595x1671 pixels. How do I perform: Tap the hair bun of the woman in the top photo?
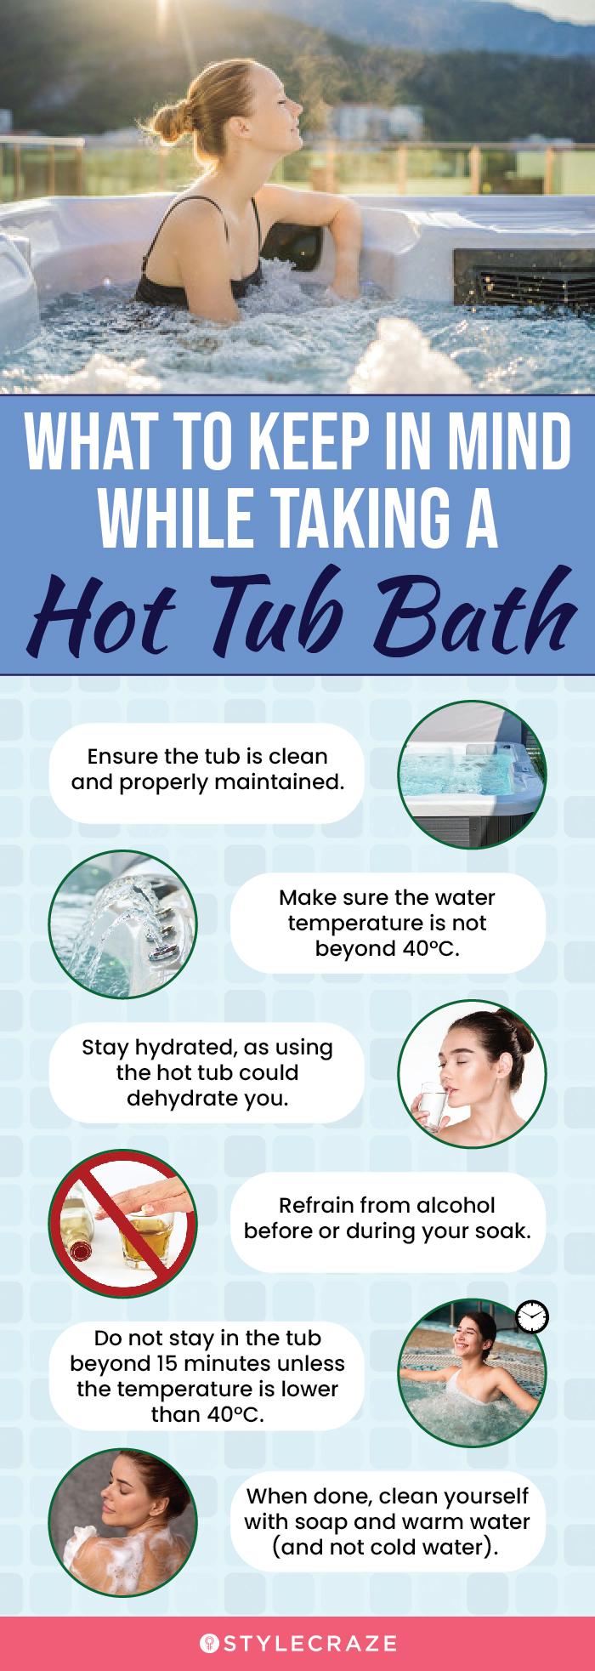click(199, 115)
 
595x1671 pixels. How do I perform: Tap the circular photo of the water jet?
click(122, 924)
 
